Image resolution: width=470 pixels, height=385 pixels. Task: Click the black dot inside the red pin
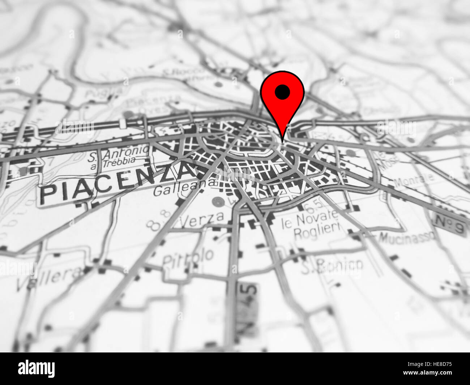click(x=282, y=92)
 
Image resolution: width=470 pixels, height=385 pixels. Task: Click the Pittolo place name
click(x=188, y=258)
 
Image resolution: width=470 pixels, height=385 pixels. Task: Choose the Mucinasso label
click(x=407, y=238)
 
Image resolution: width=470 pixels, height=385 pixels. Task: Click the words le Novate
click(x=310, y=219)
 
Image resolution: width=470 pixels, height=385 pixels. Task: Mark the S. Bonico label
click(x=332, y=266)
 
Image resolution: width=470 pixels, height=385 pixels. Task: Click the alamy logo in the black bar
click(x=37, y=369)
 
